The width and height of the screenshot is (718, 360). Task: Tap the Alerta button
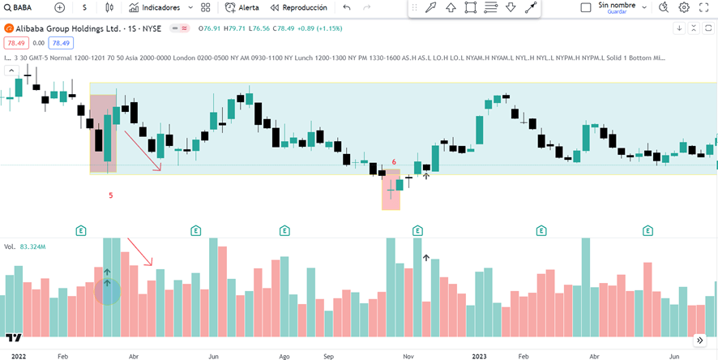coord(242,7)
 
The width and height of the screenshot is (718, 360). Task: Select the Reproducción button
coord(298,7)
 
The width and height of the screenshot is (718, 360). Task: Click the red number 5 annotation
coord(111,195)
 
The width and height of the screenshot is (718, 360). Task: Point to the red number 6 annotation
coord(394,162)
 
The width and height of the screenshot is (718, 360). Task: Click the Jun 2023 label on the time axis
coord(674,355)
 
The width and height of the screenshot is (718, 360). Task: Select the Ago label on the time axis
coord(284,355)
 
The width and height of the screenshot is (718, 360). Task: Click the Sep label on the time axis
coord(328,355)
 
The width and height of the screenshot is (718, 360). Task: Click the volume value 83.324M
coord(32,246)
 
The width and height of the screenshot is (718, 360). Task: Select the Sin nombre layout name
coord(617,5)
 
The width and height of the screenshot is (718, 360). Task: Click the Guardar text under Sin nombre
coord(617,12)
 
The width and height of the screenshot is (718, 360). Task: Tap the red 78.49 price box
coord(15,43)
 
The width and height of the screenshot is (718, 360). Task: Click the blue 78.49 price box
coord(60,43)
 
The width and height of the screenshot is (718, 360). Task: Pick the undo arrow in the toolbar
coord(347,7)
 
